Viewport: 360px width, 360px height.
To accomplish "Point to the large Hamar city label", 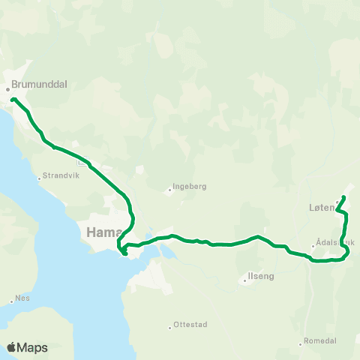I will click(100, 232).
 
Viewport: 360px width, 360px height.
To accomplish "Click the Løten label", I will click(320, 209).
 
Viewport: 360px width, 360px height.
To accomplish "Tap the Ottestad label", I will click(190, 325).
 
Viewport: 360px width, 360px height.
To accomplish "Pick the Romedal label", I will click(321, 340).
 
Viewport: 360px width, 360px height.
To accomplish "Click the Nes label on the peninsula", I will click(23, 297).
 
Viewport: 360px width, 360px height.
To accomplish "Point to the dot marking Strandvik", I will click(40, 178).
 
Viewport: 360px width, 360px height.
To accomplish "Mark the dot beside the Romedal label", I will click(301, 343).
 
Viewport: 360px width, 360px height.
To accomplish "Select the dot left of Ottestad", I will click(170, 327).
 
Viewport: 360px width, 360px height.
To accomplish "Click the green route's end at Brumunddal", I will click(13, 99).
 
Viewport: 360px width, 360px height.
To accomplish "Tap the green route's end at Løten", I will click(343, 197).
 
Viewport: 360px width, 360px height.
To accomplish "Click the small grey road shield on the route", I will click(86, 160).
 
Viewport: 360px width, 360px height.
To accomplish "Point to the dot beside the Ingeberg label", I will click(170, 190).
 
